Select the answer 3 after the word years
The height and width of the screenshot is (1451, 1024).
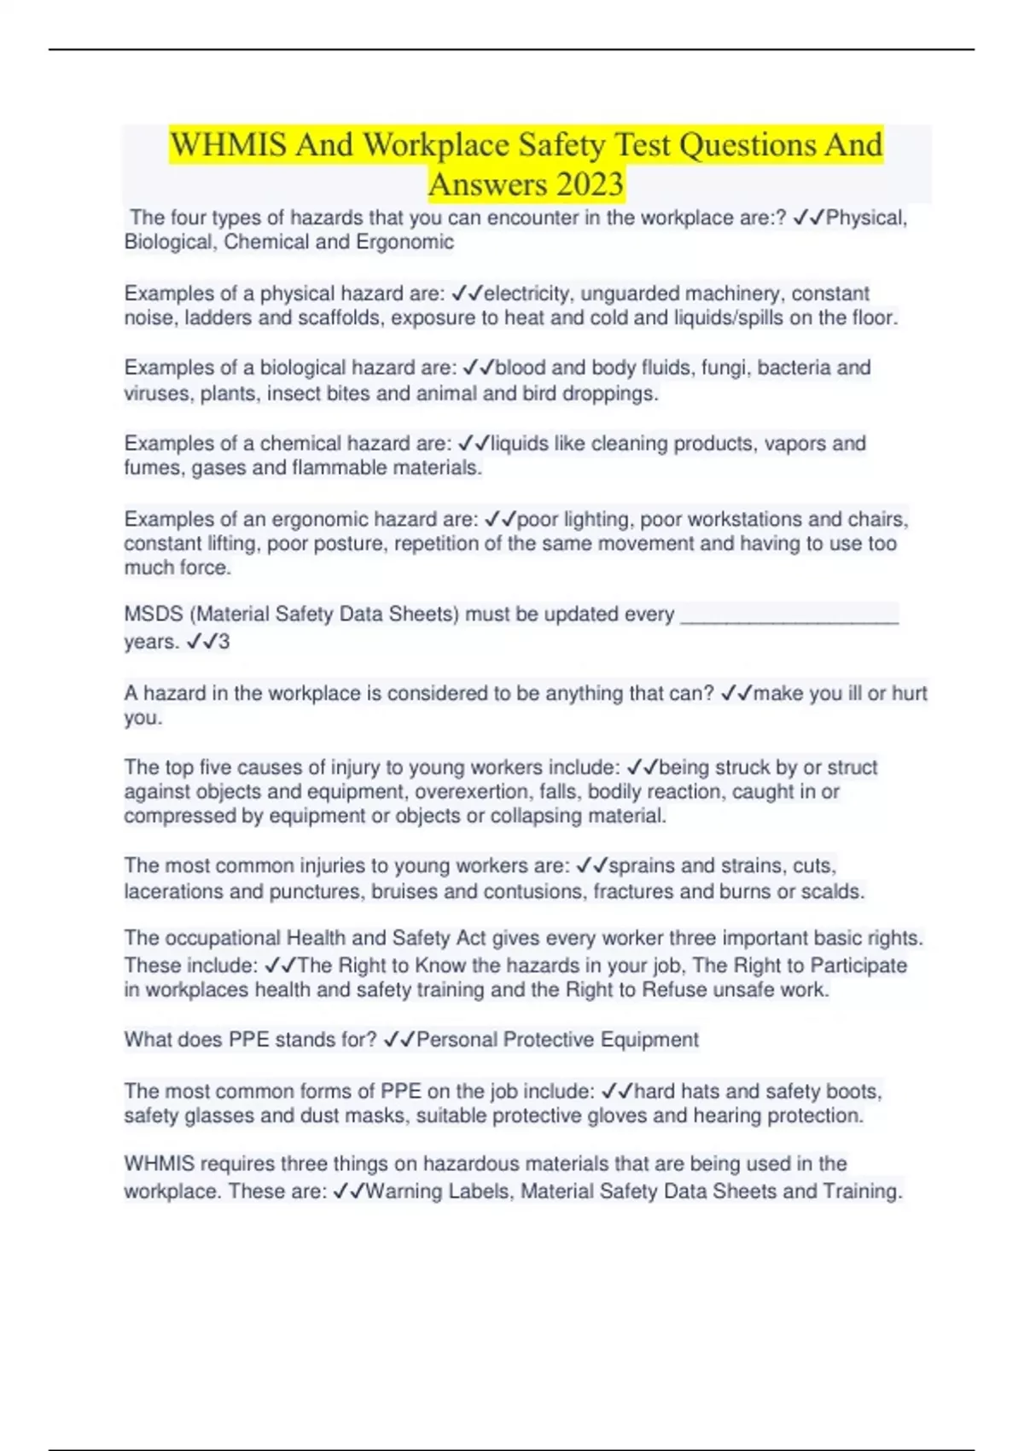pos(224,642)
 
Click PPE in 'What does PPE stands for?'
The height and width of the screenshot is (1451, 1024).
pos(250,1040)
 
